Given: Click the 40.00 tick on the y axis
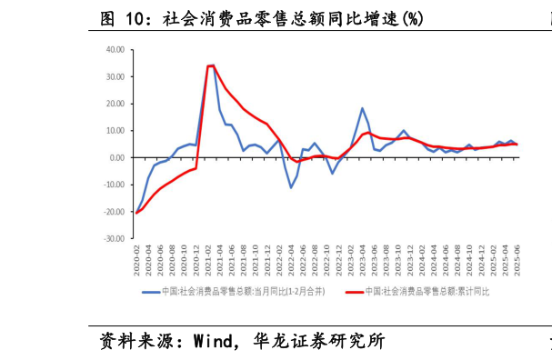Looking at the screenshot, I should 115,50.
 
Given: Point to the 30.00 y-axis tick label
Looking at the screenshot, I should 115,76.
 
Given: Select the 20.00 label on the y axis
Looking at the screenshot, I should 115,104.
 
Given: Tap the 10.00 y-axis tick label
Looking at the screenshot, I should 115,131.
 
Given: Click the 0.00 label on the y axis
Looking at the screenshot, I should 117,157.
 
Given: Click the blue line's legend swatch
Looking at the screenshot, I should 151,293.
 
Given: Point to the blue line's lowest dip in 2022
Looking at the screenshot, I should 291,187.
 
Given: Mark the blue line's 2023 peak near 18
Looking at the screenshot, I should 362,108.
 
